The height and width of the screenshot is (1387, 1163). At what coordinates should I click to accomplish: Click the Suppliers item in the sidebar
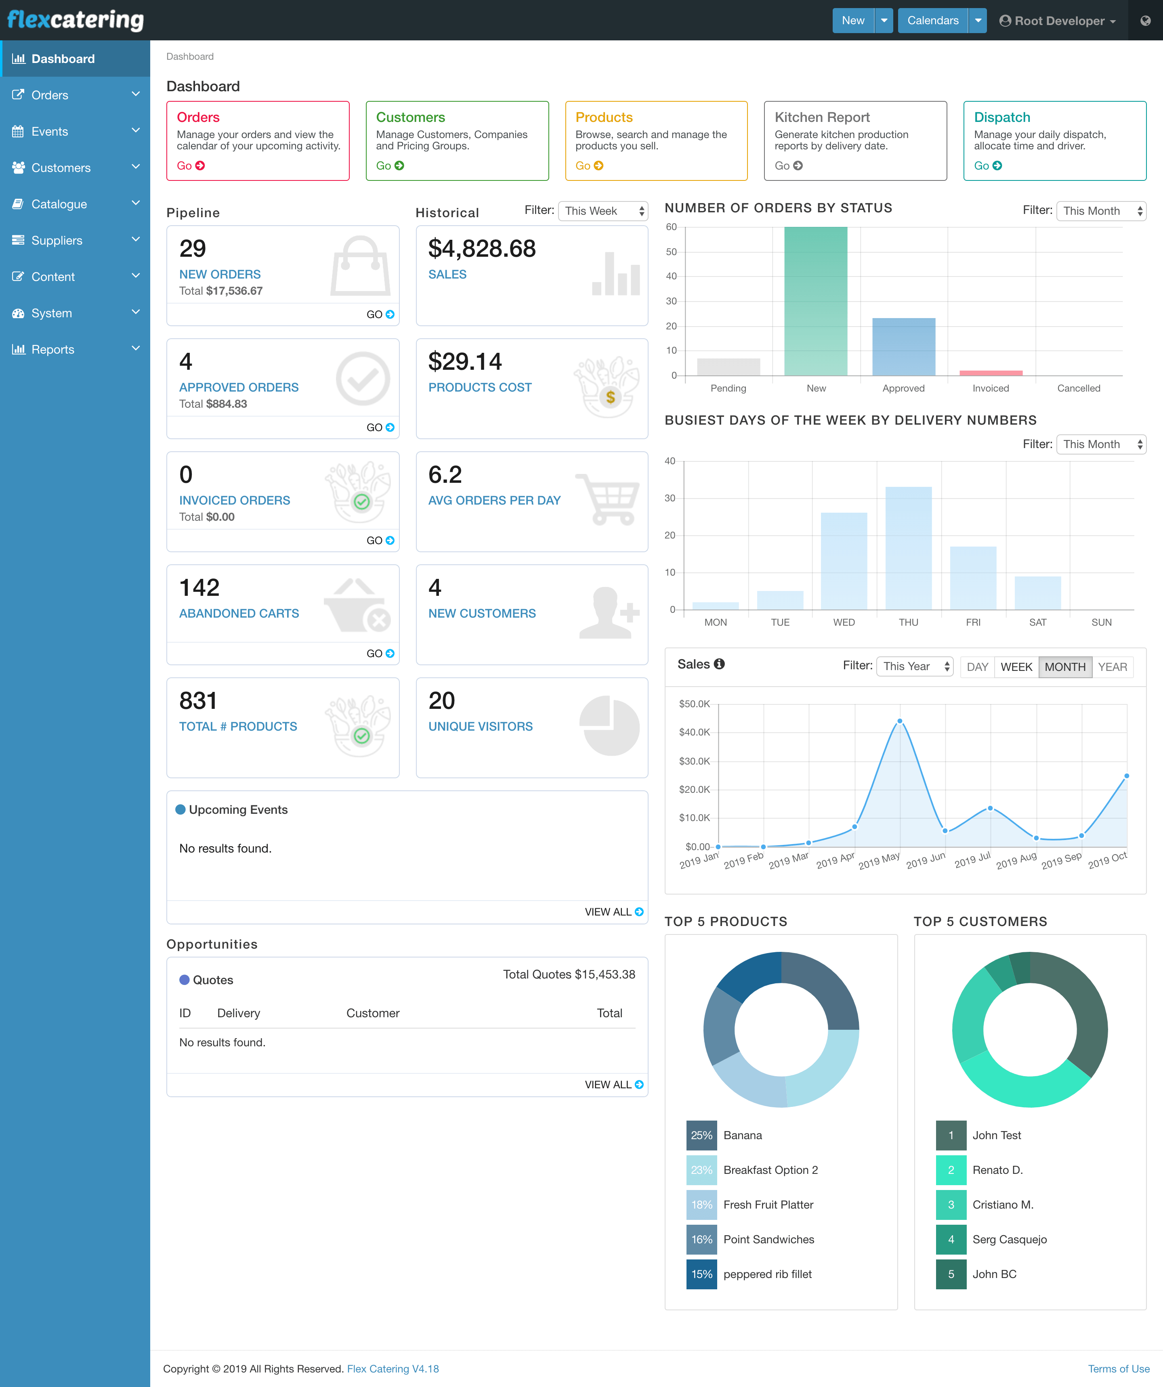(x=57, y=241)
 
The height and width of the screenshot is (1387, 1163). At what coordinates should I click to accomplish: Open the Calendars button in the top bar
(x=932, y=21)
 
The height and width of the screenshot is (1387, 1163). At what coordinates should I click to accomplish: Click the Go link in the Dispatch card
(x=987, y=166)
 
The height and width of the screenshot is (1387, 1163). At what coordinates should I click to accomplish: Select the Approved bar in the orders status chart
(x=903, y=347)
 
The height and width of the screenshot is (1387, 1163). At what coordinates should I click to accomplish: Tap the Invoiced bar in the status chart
(x=991, y=373)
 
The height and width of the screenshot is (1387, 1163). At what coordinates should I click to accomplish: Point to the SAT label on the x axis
(x=1037, y=622)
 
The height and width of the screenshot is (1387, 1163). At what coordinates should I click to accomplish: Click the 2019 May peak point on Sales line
(x=899, y=721)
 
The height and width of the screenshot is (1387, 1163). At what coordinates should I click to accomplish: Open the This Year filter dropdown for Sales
(x=915, y=666)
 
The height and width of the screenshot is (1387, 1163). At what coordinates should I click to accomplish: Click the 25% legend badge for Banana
(x=701, y=1136)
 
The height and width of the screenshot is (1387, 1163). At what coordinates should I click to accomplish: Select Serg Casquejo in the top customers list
(x=1009, y=1240)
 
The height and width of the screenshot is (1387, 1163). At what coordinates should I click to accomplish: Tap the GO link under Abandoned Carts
(x=380, y=653)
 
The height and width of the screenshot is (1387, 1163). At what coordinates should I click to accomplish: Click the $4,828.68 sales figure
(x=482, y=249)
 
